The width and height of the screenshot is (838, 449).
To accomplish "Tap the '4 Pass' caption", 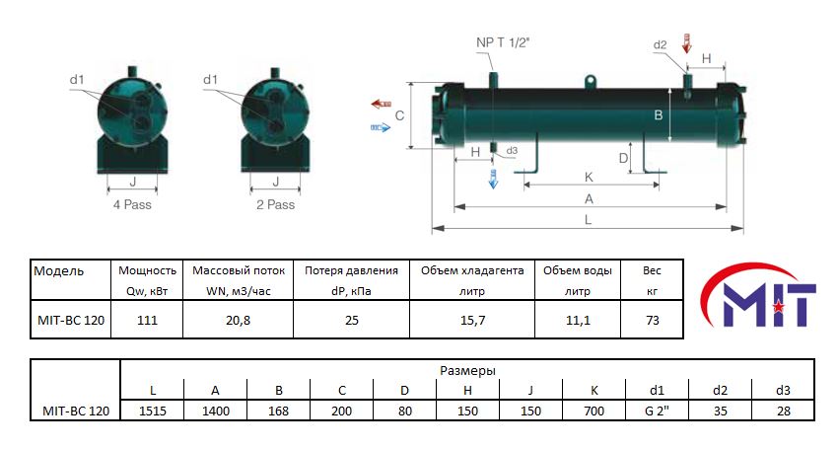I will pos(131,205).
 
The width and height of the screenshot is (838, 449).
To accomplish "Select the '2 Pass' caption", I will pos(275,205).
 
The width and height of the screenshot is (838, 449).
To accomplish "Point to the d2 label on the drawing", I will pos(660,45).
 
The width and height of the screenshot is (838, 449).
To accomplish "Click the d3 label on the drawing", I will pos(511,151).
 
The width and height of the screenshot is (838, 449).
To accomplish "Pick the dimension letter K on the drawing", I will pos(589,177).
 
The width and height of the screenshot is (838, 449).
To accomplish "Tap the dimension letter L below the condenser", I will pos(589,220).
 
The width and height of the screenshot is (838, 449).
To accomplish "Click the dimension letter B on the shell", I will pos(659,114).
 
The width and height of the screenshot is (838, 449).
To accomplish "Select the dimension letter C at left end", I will pos(399,115).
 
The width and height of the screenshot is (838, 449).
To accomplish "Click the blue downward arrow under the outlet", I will pos(494,178).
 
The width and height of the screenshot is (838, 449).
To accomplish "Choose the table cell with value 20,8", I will pos(237,321).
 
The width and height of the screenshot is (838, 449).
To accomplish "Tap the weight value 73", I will pos(651,321).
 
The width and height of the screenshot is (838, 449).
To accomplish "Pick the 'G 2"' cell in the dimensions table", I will pos(658,411).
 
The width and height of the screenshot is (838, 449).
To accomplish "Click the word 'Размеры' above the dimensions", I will pos(467,370).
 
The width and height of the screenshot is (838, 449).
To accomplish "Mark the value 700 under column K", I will pos(594,411).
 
